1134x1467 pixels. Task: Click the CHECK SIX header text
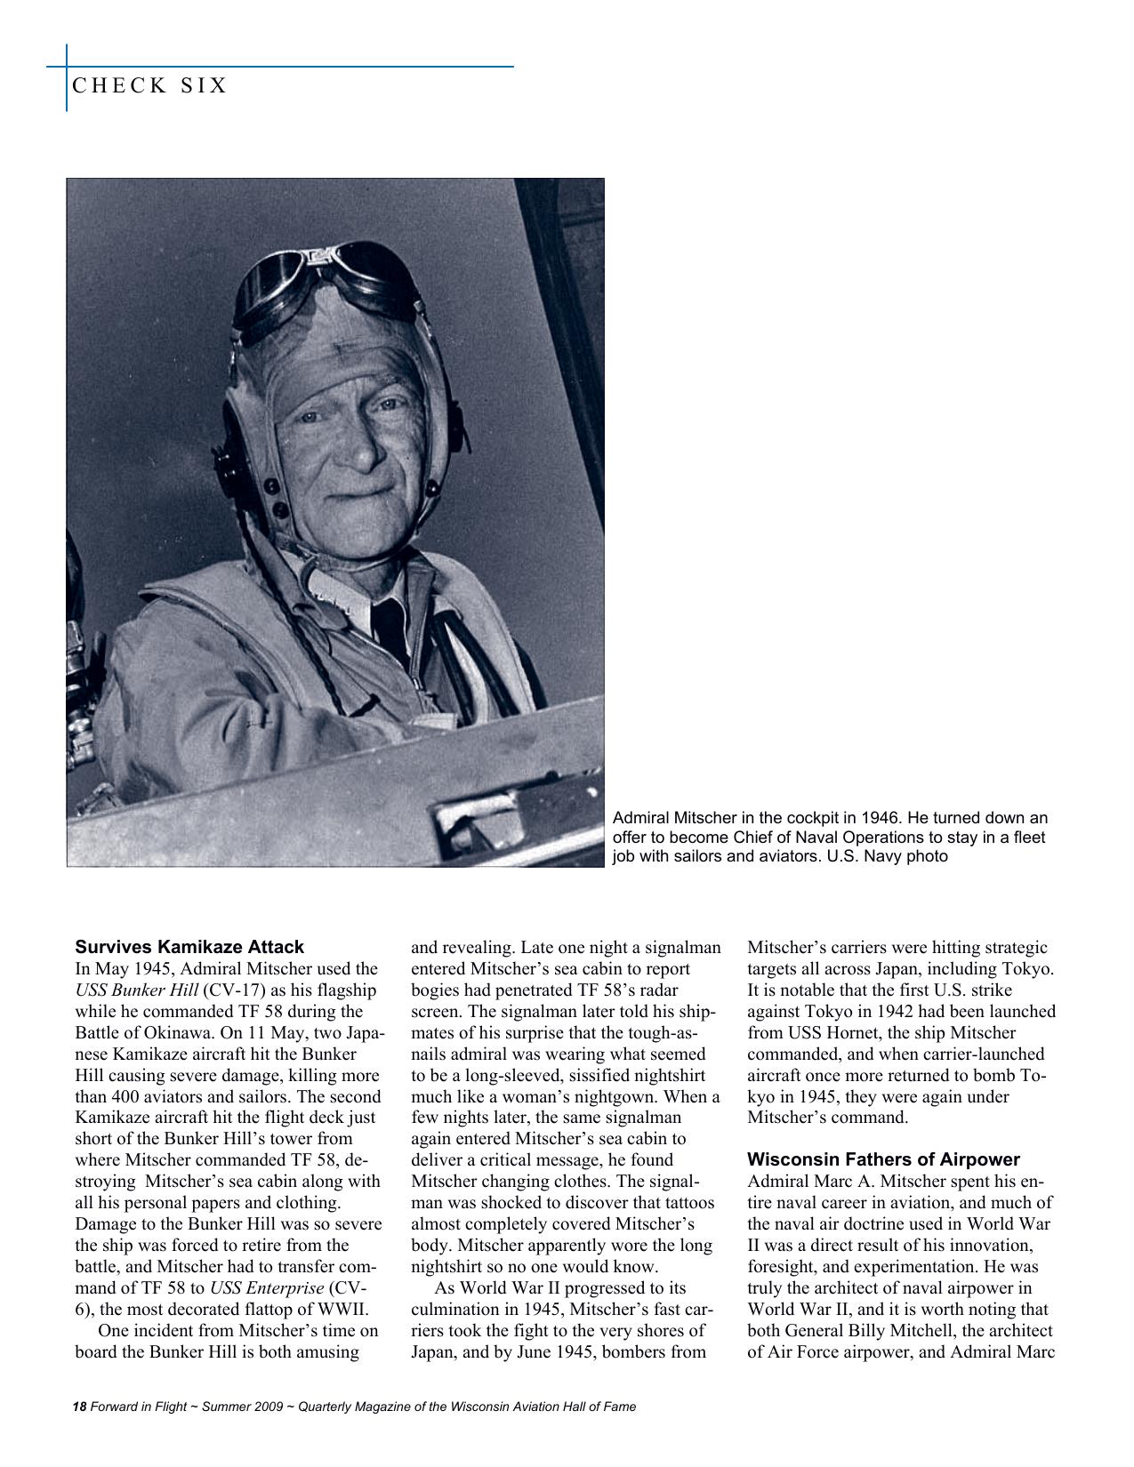tap(149, 86)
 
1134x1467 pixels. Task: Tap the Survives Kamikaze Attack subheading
tap(189, 947)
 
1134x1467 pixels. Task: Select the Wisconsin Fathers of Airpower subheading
tap(883, 1159)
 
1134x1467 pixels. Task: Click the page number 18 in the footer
tap(79, 1407)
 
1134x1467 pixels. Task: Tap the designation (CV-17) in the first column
tap(234, 990)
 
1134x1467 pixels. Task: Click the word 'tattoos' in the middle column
tap(686, 1203)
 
